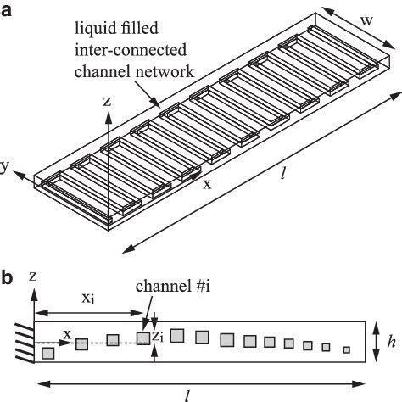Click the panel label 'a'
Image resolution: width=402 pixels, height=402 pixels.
point(6,11)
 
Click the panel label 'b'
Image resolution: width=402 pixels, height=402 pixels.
point(7,277)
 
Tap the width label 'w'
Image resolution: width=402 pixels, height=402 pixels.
point(366,21)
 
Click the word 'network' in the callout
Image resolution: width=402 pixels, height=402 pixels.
point(164,72)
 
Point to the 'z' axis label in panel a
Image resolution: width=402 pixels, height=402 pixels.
point(107,102)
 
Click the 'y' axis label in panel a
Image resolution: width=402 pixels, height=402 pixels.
point(3,167)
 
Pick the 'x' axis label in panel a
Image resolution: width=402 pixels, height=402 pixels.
point(208,184)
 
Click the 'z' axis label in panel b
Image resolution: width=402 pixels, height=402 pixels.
point(33,276)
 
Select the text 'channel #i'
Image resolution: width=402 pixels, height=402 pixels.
point(173,286)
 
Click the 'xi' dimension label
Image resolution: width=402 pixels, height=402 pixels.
point(88,299)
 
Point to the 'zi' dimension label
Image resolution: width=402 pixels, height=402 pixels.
point(158,337)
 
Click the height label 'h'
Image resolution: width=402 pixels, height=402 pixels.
point(392,342)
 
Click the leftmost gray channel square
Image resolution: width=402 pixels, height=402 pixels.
point(48,354)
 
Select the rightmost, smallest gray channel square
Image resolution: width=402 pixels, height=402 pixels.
point(347,349)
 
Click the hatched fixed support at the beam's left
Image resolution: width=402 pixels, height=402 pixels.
point(25,343)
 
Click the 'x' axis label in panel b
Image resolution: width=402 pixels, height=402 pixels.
point(67,335)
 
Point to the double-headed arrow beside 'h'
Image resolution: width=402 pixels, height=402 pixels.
point(377,342)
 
